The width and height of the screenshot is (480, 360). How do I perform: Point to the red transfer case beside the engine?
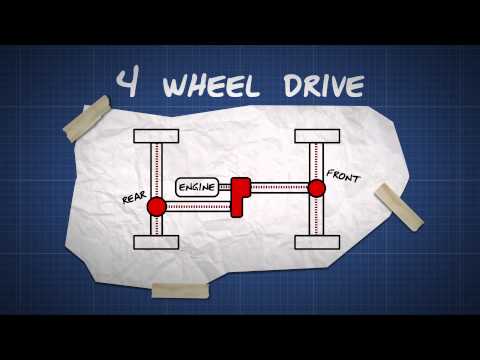click(x=240, y=195)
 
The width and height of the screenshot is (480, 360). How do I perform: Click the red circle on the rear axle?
click(x=156, y=207)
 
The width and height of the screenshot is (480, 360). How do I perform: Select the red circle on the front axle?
click(x=316, y=188)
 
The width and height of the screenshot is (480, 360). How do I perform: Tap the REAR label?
click(x=134, y=198)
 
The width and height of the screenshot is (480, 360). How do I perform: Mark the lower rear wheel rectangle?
click(x=156, y=241)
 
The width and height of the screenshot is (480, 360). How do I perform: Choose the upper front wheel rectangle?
click(x=316, y=135)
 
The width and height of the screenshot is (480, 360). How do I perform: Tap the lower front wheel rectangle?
click(x=316, y=241)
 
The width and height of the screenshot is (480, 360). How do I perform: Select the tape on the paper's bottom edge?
click(x=180, y=290)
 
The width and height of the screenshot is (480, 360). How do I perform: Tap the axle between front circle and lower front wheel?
click(x=316, y=215)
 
